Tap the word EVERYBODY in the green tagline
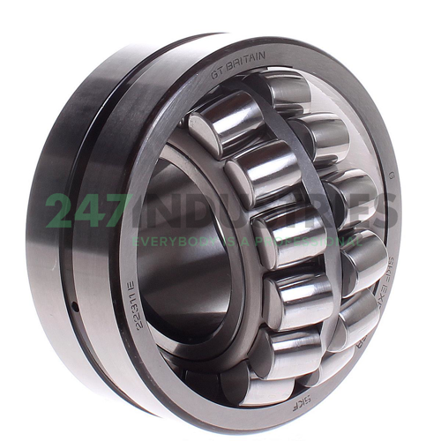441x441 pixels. [x=167, y=240]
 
